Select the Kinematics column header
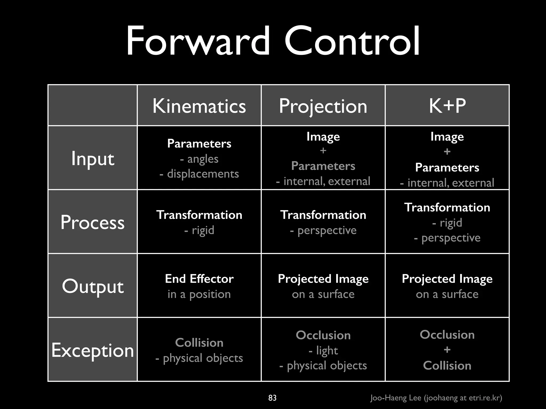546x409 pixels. [x=199, y=106]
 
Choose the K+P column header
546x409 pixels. [x=447, y=106]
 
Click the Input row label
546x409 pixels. [x=93, y=159]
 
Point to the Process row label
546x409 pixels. [x=93, y=222]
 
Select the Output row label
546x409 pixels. [x=93, y=286]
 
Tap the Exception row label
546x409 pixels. [x=93, y=350]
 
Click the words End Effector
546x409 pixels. [x=199, y=279]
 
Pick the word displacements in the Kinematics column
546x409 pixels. [x=203, y=174]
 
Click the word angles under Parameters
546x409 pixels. [x=203, y=159]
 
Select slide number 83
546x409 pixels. [x=272, y=398]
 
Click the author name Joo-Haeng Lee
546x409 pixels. [x=396, y=398]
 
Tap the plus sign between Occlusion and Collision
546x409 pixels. [x=447, y=350]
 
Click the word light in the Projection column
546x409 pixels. [x=327, y=350]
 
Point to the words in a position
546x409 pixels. [x=199, y=294]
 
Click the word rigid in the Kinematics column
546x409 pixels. [x=203, y=230]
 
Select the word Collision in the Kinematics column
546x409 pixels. [x=199, y=343]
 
